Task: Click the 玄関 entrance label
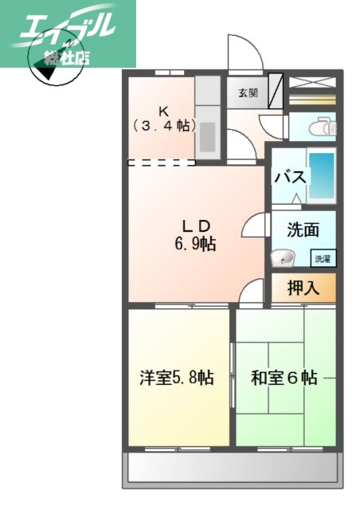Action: tap(247, 92)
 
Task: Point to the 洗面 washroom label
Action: tap(303, 230)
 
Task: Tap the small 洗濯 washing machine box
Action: tap(322, 258)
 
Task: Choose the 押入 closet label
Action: tap(303, 288)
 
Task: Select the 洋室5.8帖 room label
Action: tap(178, 377)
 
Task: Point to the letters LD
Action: tap(194, 224)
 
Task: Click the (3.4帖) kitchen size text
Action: tap(162, 125)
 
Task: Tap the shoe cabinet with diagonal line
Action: tap(275, 92)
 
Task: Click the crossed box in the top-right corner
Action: tap(311, 81)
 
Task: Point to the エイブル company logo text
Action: tap(68, 29)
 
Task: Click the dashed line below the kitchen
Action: tap(162, 163)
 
